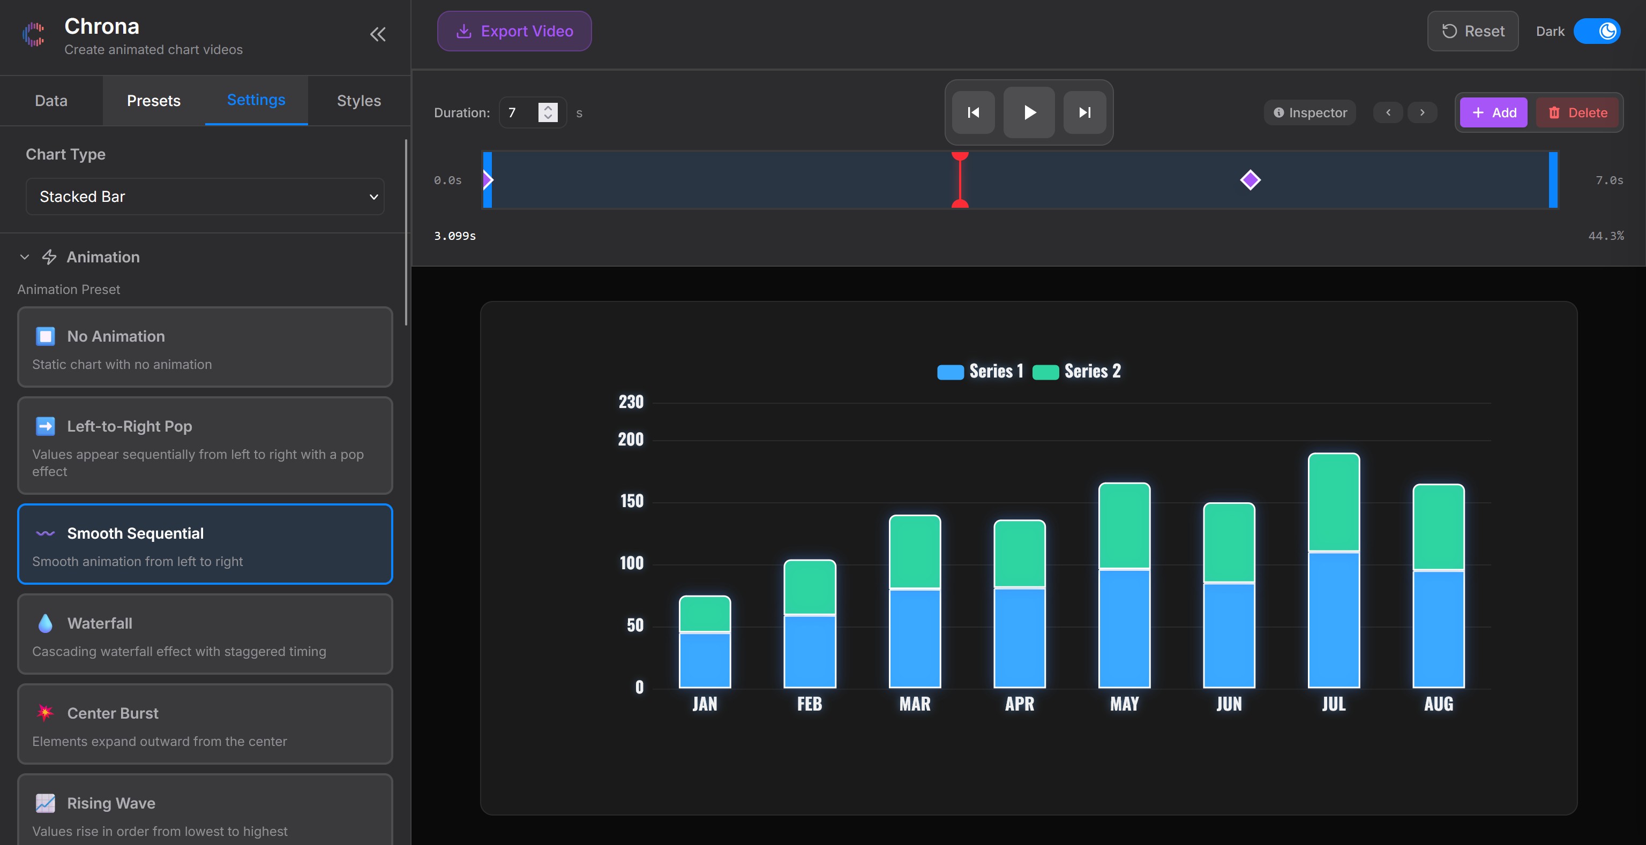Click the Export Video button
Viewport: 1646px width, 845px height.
(514, 31)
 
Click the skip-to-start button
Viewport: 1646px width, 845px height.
(973, 112)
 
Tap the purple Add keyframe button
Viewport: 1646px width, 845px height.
(1493, 112)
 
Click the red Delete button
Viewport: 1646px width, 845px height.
(1577, 112)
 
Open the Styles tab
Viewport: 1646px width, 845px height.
(358, 101)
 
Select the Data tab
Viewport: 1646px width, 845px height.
(51, 101)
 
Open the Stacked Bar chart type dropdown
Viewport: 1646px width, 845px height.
(205, 197)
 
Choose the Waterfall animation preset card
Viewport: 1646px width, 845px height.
(205, 633)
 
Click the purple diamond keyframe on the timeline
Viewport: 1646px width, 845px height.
(1250, 180)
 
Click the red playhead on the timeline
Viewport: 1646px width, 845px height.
(960, 180)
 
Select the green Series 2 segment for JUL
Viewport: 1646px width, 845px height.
(1334, 502)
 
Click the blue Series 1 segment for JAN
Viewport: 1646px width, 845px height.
(704, 659)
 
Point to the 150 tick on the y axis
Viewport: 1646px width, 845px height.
(631, 501)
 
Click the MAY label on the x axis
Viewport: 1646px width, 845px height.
(1124, 704)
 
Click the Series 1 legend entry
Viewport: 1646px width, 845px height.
(981, 371)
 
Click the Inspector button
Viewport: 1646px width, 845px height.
(1310, 112)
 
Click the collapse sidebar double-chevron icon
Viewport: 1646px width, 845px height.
(378, 34)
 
